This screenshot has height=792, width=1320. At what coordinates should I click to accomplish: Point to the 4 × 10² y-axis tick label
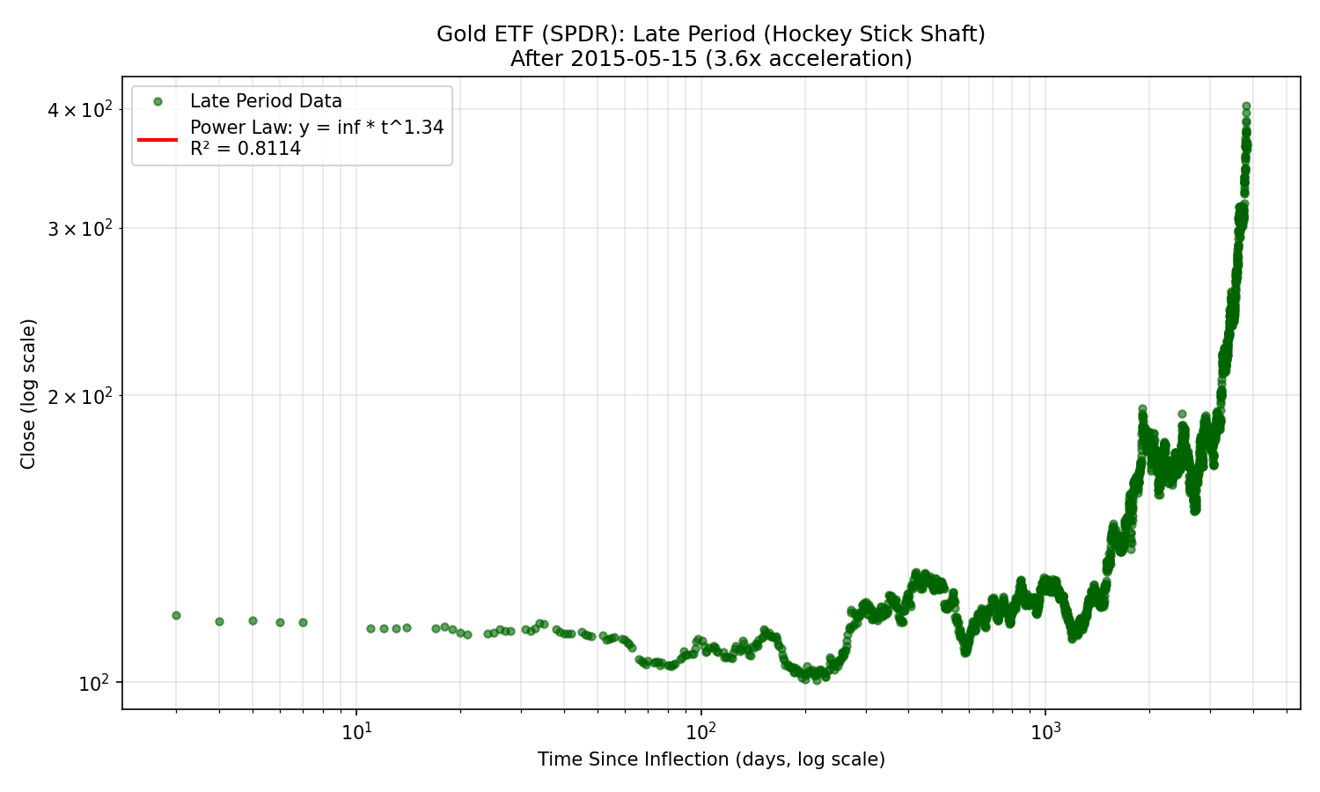tap(80, 110)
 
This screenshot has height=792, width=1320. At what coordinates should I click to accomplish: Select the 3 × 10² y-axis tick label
tap(80, 228)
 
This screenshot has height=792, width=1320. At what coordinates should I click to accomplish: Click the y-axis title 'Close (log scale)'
tap(28, 393)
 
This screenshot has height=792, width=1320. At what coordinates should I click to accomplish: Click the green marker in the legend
tap(158, 101)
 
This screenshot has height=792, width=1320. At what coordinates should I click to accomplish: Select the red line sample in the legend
tap(158, 138)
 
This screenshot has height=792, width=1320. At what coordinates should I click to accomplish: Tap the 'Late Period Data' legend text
tap(266, 101)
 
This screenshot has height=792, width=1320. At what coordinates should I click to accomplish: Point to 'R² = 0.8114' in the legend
tap(246, 149)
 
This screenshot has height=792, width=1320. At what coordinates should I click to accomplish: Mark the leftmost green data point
tap(176, 615)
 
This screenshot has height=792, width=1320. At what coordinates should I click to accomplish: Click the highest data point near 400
tap(1246, 106)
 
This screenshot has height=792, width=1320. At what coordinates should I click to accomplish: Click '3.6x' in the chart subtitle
tap(750, 59)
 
